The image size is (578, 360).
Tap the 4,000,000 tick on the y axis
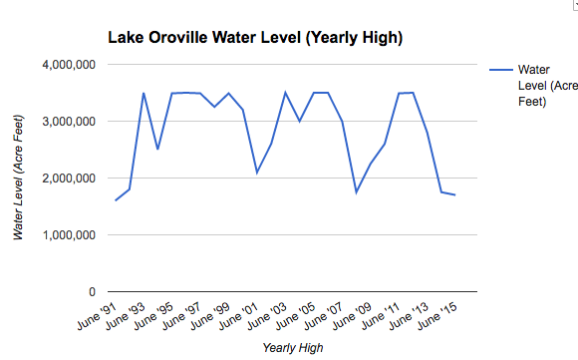[x=65, y=65]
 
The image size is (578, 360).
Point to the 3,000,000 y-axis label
[x=65, y=122]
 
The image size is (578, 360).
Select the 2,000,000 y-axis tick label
[x=65, y=179]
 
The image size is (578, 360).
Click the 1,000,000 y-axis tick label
[x=65, y=235]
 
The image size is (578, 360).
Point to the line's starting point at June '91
[x=116, y=200]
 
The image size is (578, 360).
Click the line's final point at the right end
[x=455, y=194]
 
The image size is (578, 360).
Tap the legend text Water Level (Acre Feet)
[x=542, y=86]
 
